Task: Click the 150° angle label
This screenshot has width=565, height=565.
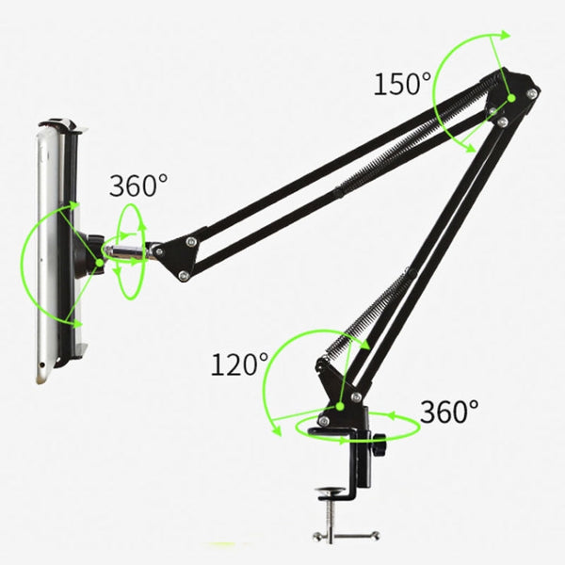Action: click(x=401, y=84)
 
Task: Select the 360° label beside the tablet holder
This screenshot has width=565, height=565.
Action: click(x=139, y=186)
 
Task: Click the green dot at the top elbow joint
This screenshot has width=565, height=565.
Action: click(x=511, y=96)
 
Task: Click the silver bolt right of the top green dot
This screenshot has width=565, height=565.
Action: click(x=534, y=94)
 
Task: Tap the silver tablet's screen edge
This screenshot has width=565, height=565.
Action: click(x=43, y=254)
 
